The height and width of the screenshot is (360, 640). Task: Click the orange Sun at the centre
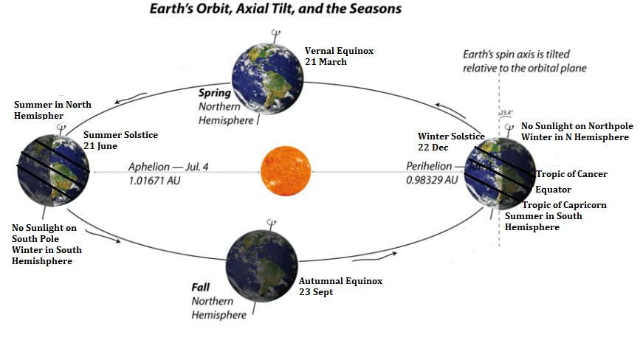tap(286, 171)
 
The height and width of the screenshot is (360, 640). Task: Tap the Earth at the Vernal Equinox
tap(267, 78)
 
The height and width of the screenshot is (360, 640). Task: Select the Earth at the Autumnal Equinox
tap(262, 266)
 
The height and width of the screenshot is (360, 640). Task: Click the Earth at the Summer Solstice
tap(53, 170)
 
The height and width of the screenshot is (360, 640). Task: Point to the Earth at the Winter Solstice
tap(500, 174)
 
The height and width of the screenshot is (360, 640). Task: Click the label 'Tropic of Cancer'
tap(571, 174)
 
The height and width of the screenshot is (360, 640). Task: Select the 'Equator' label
tap(553, 190)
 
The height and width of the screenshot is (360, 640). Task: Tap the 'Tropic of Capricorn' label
tap(565, 204)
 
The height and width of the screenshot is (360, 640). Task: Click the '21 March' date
tap(326, 62)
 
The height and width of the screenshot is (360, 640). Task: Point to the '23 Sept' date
tap(316, 292)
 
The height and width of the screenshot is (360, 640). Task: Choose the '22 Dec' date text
tap(433, 148)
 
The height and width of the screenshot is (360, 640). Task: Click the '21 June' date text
tap(100, 146)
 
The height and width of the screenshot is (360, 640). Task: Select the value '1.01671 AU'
tap(154, 181)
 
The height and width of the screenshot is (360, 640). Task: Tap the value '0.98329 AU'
tap(432, 180)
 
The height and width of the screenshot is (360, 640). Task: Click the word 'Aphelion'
tap(149, 167)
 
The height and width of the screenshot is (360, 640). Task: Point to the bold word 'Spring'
tap(215, 93)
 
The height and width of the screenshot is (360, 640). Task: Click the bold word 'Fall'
tap(200, 288)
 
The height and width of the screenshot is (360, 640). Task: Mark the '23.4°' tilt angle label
tap(506, 113)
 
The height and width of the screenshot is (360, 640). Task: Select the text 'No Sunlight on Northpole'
tap(577, 126)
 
